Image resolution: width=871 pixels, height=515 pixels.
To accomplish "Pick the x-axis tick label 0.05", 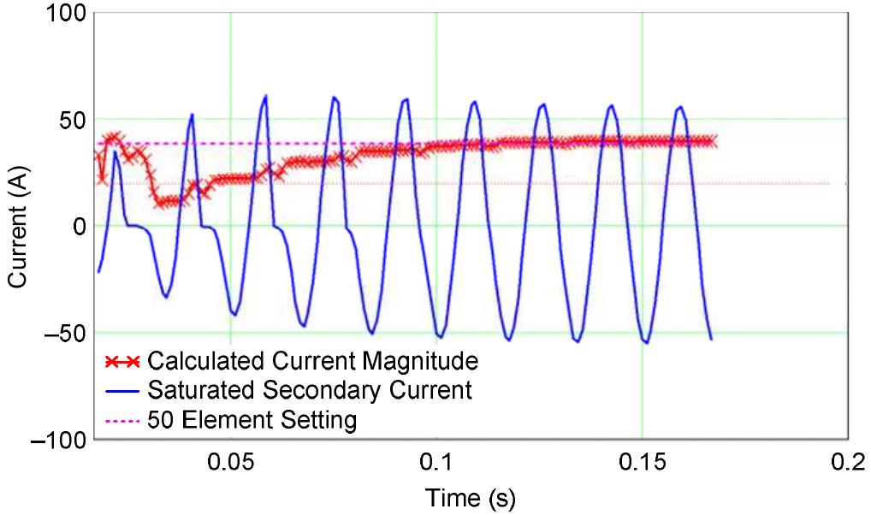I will [230, 463].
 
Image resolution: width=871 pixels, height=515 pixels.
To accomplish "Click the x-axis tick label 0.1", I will [436, 463].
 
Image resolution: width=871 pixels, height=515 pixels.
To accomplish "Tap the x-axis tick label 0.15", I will [642, 463].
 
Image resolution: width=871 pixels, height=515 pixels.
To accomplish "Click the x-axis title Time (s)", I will [472, 496].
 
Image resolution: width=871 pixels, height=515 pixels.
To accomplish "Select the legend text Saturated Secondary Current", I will [310, 390].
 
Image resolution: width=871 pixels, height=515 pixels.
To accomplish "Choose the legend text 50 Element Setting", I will [252, 420].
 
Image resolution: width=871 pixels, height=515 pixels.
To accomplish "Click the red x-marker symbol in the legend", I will [121, 359].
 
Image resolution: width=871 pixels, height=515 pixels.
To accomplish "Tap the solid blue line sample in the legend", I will [121, 390].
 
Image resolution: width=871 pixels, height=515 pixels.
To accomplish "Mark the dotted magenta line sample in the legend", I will [121, 421].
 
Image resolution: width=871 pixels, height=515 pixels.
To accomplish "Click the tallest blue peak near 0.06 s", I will [266, 95].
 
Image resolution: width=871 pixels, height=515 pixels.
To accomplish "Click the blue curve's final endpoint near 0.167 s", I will [711, 339].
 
